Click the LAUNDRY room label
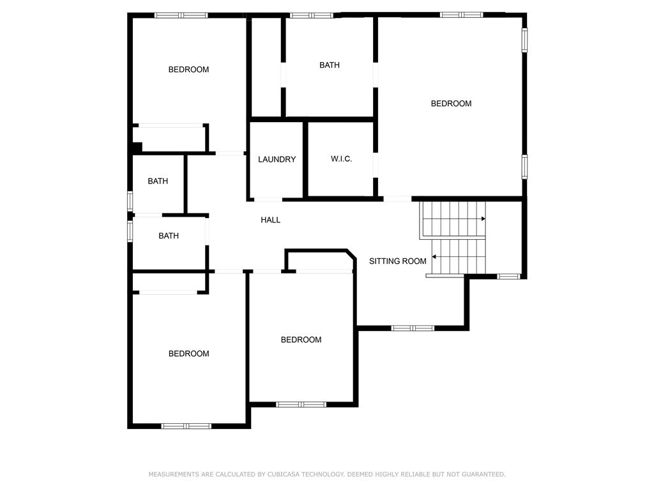click(x=277, y=159)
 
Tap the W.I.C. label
click(x=341, y=159)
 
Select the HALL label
click(x=270, y=220)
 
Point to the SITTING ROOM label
click(x=397, y=261)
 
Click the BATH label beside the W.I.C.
click(x=330, y=65)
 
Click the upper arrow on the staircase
click(x=483, y=219)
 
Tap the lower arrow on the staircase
click(x=434, y=257)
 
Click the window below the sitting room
click(x=413, y=328)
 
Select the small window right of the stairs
click(x=509, y=276)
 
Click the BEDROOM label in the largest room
click(x=451, y=104)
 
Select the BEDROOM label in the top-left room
click(x=188, y=70)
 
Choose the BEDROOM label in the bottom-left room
click(x=188, y=354)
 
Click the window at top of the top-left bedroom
click(x=181, y=15)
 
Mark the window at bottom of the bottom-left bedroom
click(x=186, y=426)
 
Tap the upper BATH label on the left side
click(x=158, y=182)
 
